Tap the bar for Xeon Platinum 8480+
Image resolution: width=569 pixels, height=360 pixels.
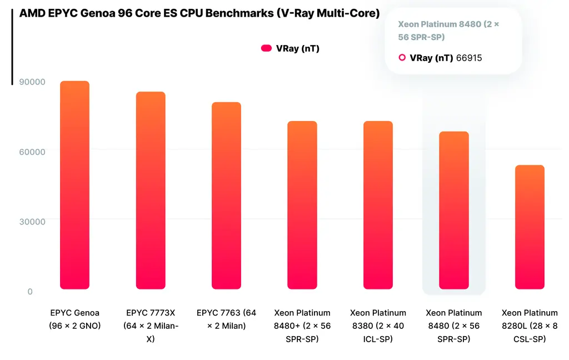tap(302, 205)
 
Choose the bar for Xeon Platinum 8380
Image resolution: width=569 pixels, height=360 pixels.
tap(378, 205)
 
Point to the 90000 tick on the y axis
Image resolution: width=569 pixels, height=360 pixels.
tap(33, 82)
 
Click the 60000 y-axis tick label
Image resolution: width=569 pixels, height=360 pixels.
tap(33, 152)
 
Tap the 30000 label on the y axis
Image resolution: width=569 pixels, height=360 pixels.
tap(33, 222)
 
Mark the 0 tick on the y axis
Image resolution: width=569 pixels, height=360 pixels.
tap(30, 292)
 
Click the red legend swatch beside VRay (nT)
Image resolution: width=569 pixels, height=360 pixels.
tap(266, 48)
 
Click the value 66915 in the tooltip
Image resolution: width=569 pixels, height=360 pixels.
tap(469, 58)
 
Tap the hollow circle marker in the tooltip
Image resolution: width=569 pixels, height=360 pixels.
tap(402, 58)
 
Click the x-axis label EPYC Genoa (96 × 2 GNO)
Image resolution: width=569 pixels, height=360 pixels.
tap(74, 319)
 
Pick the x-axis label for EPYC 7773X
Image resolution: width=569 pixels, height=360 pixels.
tap(151, 326)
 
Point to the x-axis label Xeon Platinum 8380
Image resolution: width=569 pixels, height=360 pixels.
tap(378, 326)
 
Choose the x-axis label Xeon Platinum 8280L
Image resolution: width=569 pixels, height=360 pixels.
tap(530, 326)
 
